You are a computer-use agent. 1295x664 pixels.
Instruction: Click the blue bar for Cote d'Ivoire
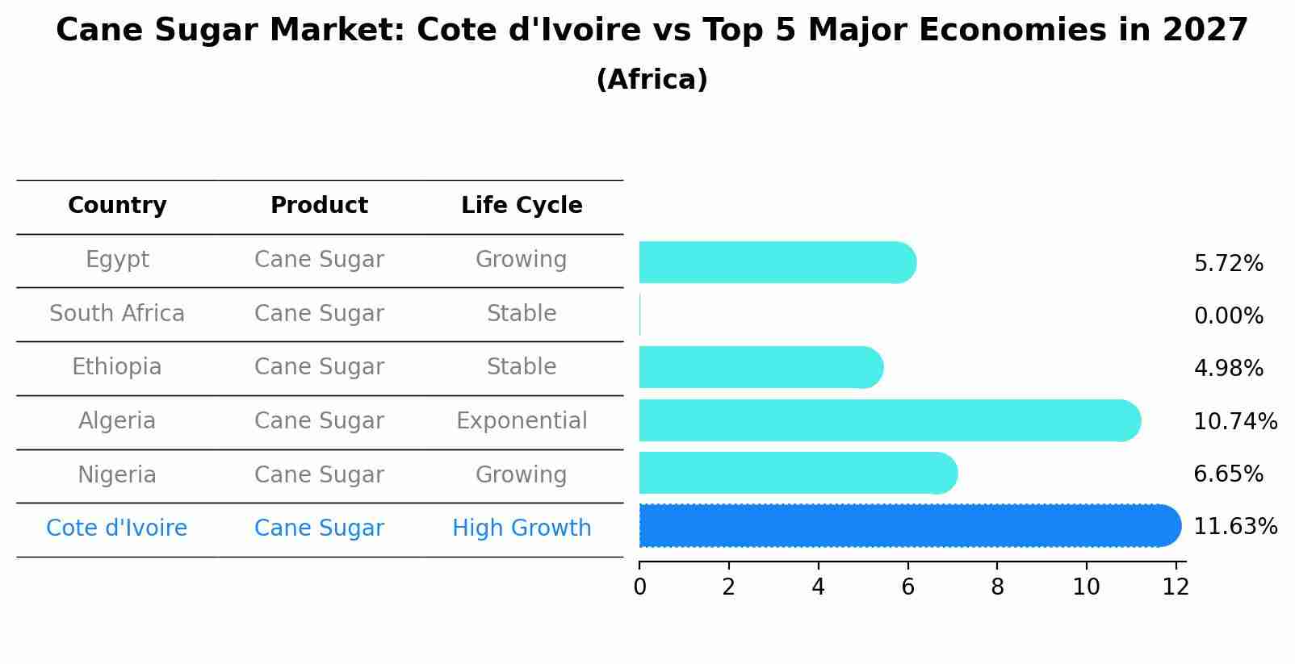(908, 526)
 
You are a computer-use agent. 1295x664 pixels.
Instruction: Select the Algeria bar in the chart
(888, 420)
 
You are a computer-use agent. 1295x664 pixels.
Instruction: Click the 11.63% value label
(1234, 527)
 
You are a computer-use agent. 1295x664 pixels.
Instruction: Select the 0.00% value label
(1228, 316)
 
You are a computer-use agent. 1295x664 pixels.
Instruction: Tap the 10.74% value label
(1234, 421)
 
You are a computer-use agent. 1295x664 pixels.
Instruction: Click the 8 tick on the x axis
(997, 587)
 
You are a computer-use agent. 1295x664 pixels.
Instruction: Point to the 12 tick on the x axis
(1176, 587)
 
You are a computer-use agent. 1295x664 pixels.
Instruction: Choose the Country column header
(117, 206)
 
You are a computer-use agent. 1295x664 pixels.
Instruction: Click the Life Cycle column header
(522, 206)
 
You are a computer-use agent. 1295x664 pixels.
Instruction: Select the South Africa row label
(117, 314)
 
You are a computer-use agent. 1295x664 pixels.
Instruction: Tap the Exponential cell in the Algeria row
(522, 421)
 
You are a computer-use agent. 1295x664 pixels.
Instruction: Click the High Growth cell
(522, 528)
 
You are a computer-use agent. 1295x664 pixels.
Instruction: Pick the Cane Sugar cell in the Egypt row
(319, 260)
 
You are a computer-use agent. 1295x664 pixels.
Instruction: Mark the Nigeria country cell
(117, 475)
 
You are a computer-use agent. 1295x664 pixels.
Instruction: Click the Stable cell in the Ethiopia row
(522, 367)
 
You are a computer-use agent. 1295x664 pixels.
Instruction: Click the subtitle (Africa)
(652, 80)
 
